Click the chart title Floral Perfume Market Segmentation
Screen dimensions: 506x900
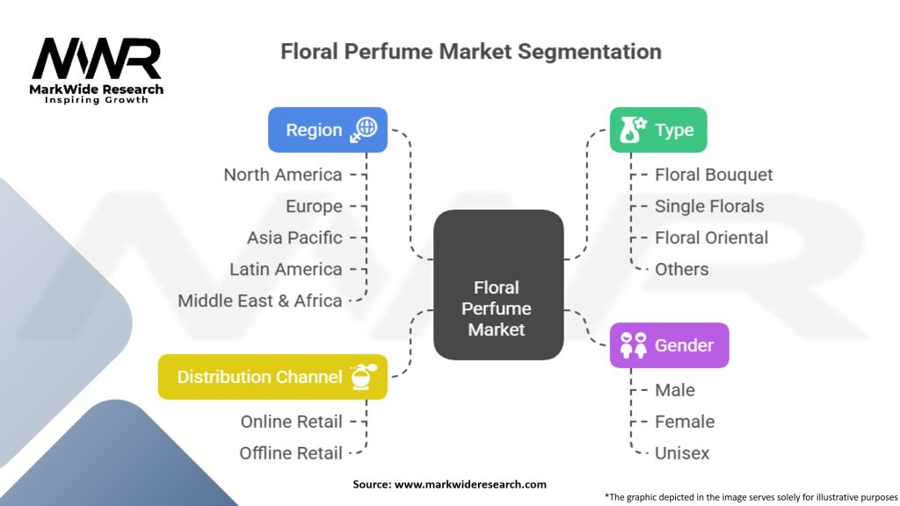point(470,51)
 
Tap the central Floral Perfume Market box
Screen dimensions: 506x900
point(498,308)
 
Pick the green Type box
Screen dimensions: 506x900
point(658,130)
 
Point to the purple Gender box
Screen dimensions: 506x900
point(669,345)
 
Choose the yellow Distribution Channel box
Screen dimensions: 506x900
point(272,377)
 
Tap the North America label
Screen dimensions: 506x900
point(283,175)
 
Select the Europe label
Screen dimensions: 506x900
point(314,206)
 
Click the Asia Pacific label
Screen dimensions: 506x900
point(294,238)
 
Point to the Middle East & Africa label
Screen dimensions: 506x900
point(260,300)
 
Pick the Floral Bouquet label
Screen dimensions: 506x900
point(714,175)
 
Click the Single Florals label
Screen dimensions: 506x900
point(709,206)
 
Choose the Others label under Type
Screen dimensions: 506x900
point(681,270)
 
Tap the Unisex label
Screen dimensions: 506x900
point(681,453)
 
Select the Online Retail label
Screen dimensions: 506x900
point(292,422)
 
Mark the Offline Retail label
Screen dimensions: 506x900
point(291,453)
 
